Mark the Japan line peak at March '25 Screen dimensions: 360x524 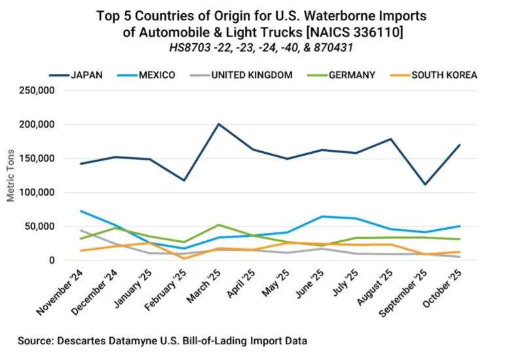[219, 124]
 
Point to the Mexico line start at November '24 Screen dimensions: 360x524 [81, 211]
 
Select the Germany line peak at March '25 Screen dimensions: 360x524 [219, 225]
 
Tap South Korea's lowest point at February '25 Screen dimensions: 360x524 [184, 259]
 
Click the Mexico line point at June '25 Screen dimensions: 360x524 [322, 216]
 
